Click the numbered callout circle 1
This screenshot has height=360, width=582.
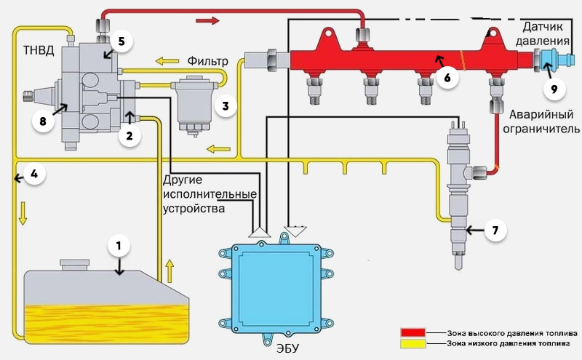pyautogui.click(x=119, y=246)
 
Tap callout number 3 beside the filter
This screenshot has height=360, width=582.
pyautogui.click(x=226, y=106)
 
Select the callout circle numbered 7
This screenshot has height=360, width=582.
pyautogui.click(x=495, y=231)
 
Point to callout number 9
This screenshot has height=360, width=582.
pyautogui.click(x=554, y=89)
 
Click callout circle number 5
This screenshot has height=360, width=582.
pyautogui.click(x=121, y=41)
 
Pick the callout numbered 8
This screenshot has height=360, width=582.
pyautogui.click(x=43, y=121)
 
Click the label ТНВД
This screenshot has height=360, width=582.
pyautogui.click(x=39, y=49)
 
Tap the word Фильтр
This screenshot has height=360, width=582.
pyautogui.click(x=207, y=61)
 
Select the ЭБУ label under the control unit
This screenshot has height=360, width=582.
pyautogui.click(x=287, y=349)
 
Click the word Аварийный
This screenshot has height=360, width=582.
pyautogui.click(x=541, y=114)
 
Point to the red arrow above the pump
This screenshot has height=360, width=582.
pyautogui.click(x=208, y=20)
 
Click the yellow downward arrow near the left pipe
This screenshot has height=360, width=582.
pyautogui.click(x=23, y=213)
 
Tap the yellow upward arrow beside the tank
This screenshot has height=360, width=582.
pyautogui.click(x=170, y=271)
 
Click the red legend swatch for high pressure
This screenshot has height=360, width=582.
pyautogui.click(x=412, y=332)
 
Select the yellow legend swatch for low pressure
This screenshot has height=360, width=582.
pyautogui.click(x=412, y=344)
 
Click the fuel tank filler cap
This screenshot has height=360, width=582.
pyautogui.click(x=75, y=265)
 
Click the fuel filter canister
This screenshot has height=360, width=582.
pyautogui.click(x=194, y=105)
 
